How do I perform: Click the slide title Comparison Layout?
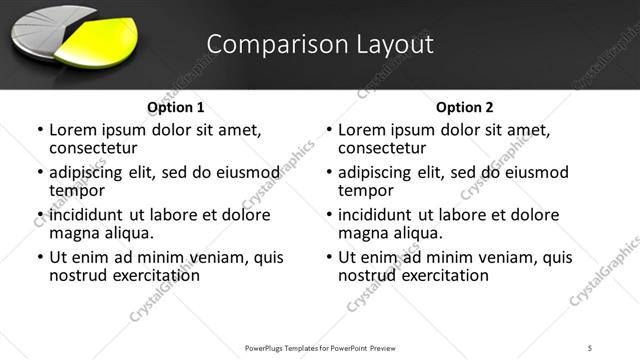[320, 44]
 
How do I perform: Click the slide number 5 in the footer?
[591, 347]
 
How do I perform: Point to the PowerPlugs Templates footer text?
[320, 347]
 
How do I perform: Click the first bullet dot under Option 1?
[40, 130]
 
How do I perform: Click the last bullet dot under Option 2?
[329, 258]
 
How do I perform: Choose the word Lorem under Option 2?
[361, 130]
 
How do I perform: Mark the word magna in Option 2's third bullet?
[362, 233]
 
